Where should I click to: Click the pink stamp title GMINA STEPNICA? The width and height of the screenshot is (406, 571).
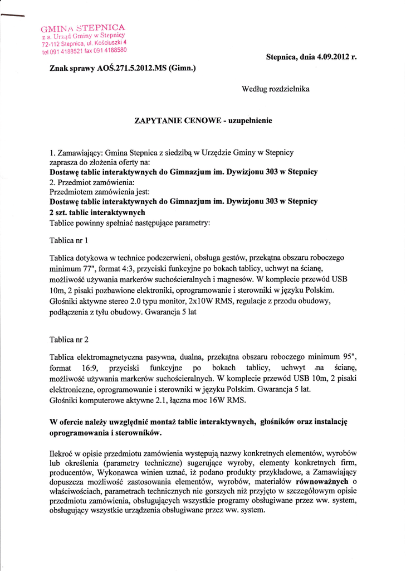pyautogui.click(x=83, y=27)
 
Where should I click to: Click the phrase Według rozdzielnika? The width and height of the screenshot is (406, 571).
pyautogui.click(x=276, y=89)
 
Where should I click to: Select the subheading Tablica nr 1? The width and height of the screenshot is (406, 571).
pyautogui.click(x=69, y=241)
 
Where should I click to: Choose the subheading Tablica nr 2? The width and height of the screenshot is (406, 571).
pyautogui.click(x=69, y=339)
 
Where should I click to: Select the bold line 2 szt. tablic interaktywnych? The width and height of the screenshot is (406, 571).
pyautogui.click(x=97, y=212)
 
